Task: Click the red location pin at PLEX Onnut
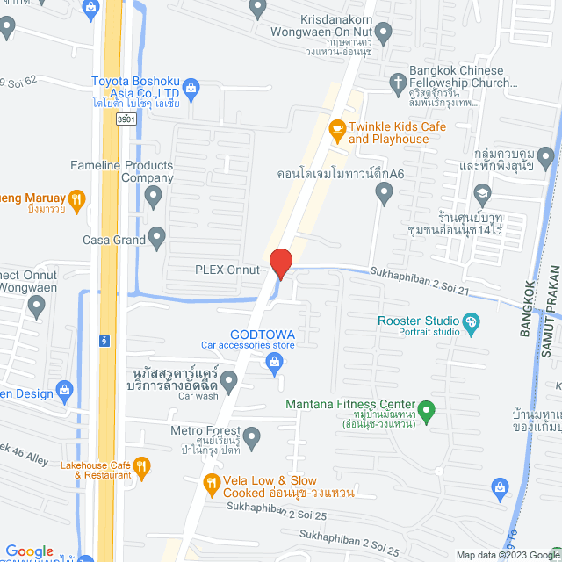pyautogui.click(x=280, y=263)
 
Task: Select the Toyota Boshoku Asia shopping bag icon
pyautogui.click(x=192, y=87)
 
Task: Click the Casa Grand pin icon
pyautogui.click(x=157, y=235)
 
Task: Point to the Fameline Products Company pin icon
pyautogui.click(x=154, y=197)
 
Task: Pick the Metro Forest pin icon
pyautogui.click(x=252, y=436)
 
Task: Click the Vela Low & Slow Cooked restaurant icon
pyautogui.click(x=212, y=484)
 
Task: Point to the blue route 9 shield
pyautogui.click(x=104, y=339)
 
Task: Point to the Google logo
pyautogui.click(x=29, y=551)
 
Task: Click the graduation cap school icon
pyautogui.click(x=481, y=193)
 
